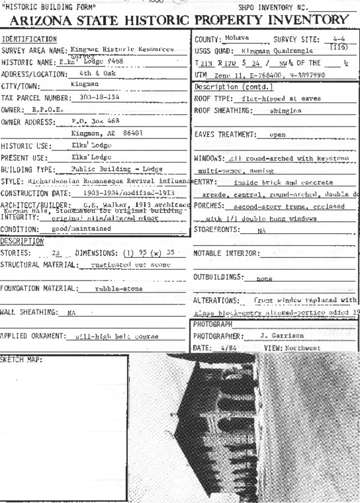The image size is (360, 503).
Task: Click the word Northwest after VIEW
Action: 304,348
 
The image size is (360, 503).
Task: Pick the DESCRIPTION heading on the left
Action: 22,241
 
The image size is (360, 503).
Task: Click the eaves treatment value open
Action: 277,135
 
